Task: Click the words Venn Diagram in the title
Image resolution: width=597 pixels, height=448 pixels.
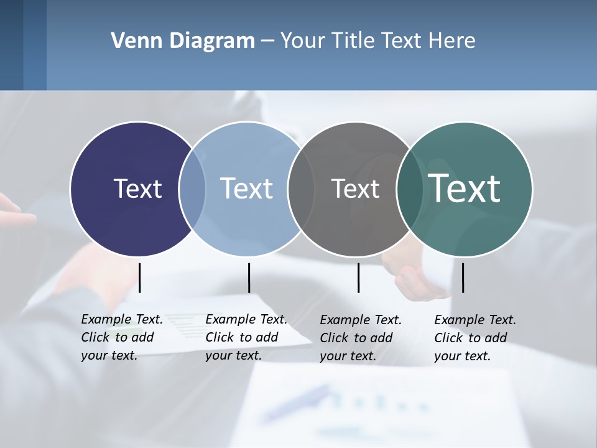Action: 183,41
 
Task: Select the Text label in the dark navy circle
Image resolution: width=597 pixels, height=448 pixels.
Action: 137,189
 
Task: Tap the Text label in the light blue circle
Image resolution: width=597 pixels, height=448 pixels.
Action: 247,189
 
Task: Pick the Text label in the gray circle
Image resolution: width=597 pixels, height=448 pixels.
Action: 355,189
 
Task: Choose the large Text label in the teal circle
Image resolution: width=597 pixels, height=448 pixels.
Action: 465,189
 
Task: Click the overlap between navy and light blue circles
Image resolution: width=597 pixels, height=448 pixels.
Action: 192,189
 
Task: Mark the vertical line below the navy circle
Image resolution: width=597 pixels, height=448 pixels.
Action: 140,278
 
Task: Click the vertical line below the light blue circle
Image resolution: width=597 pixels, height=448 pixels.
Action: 249,278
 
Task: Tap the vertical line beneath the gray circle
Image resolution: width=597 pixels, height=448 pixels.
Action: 359,278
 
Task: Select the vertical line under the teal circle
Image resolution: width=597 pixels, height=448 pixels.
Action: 463,278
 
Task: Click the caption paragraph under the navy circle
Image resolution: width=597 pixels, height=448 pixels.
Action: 122,337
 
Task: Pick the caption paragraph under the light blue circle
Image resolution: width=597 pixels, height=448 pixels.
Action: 246,337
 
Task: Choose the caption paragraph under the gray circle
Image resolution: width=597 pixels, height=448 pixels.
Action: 361,338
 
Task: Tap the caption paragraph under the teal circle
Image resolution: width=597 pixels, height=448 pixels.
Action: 475,338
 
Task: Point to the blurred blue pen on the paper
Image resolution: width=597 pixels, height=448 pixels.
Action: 298,402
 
